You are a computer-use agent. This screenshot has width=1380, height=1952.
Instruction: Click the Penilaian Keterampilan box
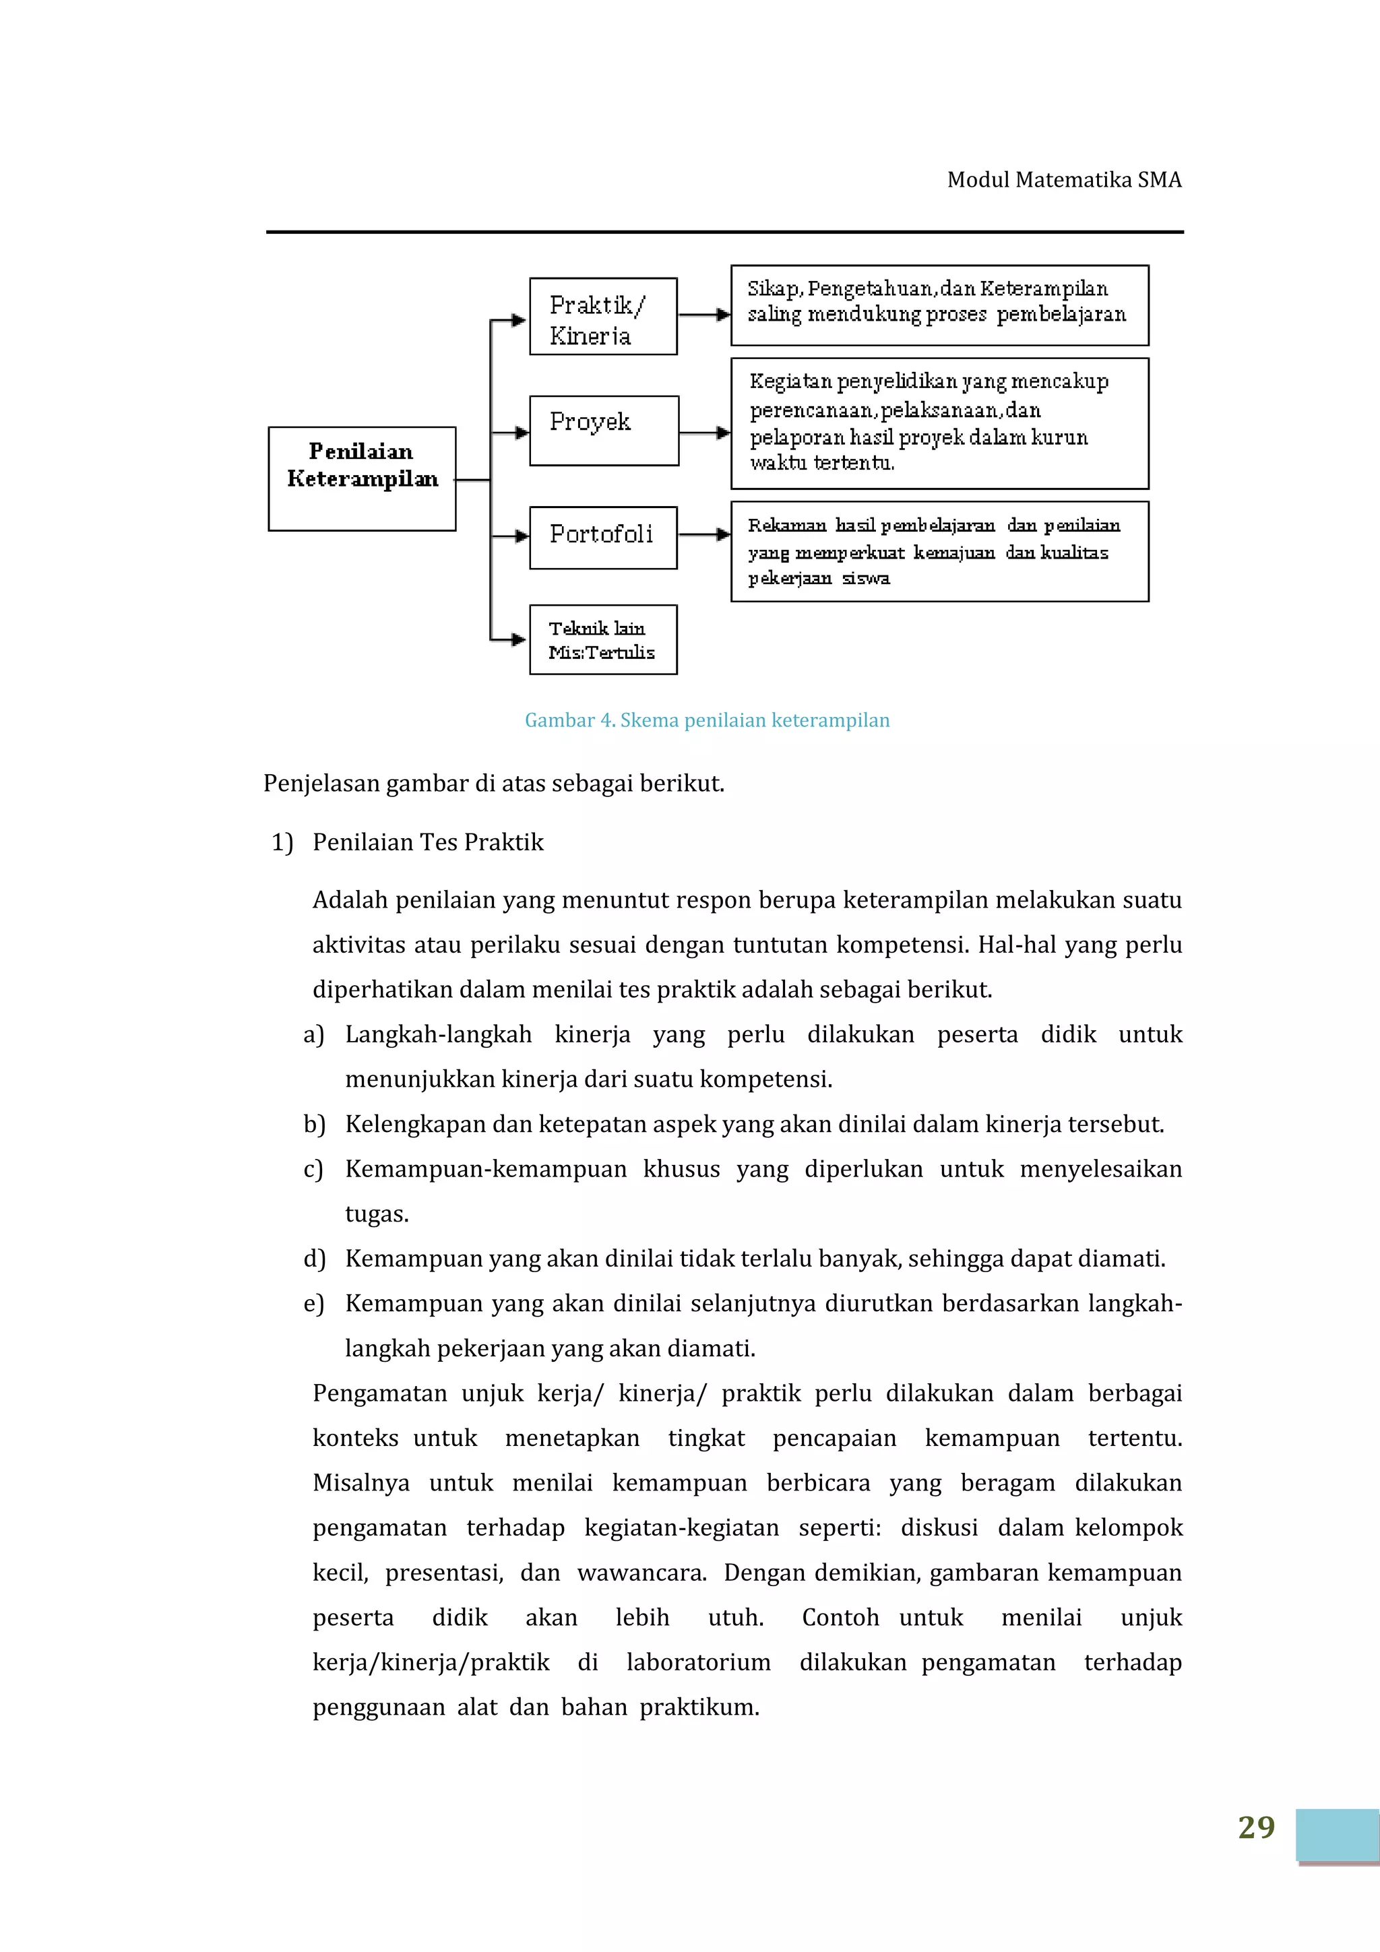coord(363,478)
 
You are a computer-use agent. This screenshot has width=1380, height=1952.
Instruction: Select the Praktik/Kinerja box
coord(603,316)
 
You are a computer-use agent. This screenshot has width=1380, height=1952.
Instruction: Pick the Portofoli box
coord(603,537)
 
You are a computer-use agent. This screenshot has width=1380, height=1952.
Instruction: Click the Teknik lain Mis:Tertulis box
coord(603,639)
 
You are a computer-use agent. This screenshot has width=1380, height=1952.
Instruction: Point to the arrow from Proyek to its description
coord(704,433)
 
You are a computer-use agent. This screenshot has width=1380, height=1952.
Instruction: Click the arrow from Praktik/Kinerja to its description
coord(704,315)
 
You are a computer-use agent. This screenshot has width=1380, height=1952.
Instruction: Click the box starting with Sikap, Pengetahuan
coord(939,305)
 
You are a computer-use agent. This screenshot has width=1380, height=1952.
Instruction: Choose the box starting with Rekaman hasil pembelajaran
coord(939,551)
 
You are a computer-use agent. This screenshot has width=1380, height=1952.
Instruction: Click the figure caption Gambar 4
coord(707,720)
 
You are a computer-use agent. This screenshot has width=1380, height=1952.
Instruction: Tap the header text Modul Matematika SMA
coord(1064,179)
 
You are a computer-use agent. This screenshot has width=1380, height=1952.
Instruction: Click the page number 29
coord(1256,1827)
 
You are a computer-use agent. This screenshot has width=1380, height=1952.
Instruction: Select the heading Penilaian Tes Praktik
coord(428,842)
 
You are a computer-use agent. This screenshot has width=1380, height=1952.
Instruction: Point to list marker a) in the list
coord(314,1035)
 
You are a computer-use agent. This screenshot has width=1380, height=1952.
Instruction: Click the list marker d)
coord(314,1259)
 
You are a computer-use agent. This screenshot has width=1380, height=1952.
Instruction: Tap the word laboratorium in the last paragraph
coord(698,1662)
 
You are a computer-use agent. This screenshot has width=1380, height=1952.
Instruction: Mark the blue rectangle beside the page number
coord(1338,1835)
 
